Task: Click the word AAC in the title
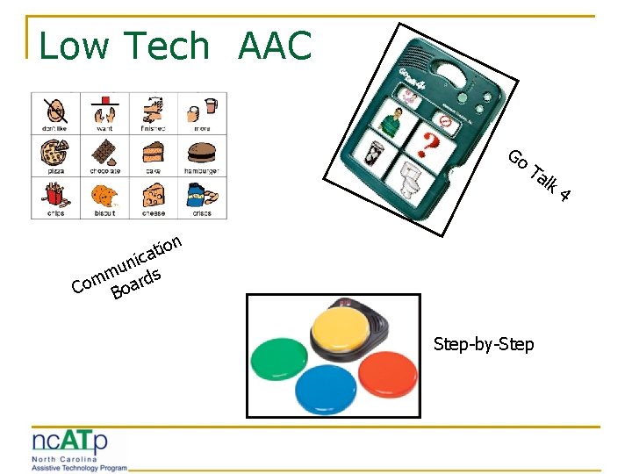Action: (x=274, y=46)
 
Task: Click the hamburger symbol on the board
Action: (x=201, y=151)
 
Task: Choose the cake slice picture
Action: (x=153, y=151)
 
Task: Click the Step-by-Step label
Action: (x=483, y=344)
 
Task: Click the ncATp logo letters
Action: (x=70, y=441)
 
